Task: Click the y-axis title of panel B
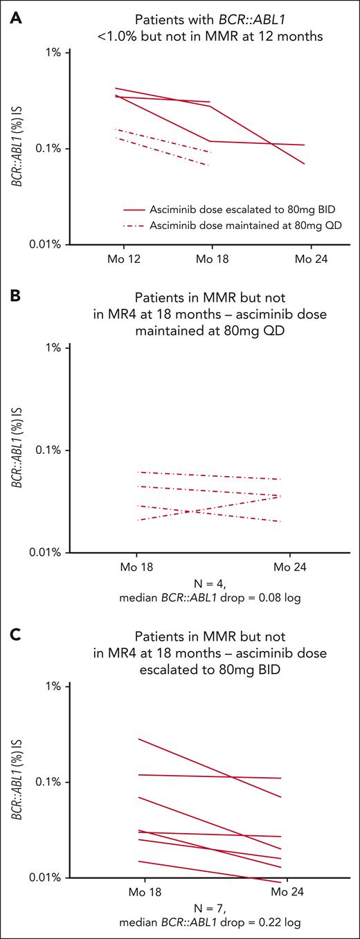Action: click(x=15, y=450)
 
